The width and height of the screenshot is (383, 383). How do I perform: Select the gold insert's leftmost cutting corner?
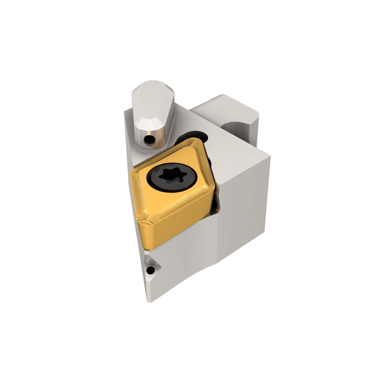click(x=131, y=172)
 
